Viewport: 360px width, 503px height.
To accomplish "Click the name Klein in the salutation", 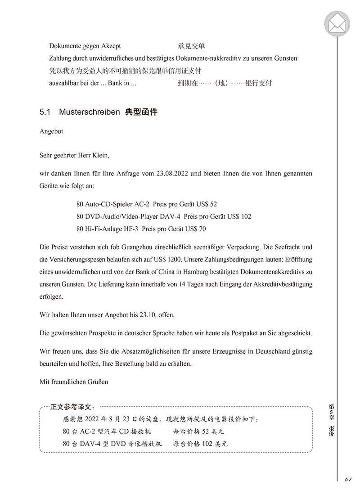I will [99, 155].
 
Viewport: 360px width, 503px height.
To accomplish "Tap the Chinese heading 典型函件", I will [141, 112].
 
